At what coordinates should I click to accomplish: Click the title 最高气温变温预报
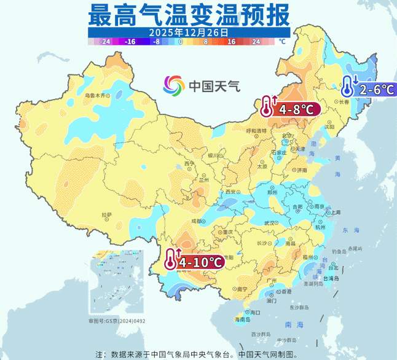coord(188,13)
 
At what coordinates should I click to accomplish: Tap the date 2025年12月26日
coord(188,31)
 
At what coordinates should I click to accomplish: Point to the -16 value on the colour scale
coord(130,42)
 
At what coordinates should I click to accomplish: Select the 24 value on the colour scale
coord(256,42)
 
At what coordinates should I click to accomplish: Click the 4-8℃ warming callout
coord(296,110)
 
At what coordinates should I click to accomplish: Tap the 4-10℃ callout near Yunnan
coord(200,262)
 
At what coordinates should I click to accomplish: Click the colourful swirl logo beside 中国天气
coord(174,85)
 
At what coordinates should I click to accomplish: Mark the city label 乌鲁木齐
coord(95,96)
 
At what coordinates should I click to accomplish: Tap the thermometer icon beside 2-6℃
coord(348,87)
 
